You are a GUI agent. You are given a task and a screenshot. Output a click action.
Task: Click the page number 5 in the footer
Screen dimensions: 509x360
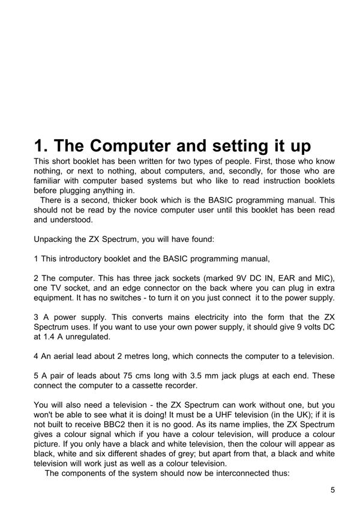(332, 490)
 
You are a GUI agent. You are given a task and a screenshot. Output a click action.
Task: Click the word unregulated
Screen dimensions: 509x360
(94, 337)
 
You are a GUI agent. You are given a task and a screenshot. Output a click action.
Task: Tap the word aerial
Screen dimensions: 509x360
(67, 357)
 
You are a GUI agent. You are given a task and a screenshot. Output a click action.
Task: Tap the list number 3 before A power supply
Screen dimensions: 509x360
(36, 318)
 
